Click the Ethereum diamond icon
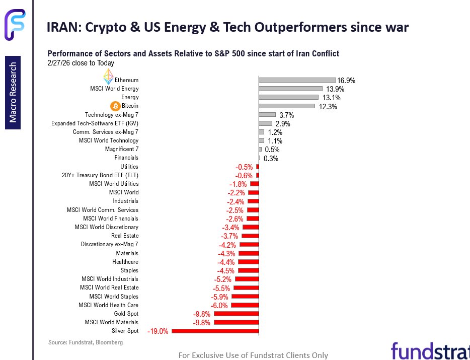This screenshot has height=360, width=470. (108, 77)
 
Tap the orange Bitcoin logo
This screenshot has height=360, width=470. (114, 106)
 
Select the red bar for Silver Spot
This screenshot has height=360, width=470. (215, 331)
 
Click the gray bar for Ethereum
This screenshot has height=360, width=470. (297, 80)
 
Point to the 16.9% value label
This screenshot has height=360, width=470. (347, 80)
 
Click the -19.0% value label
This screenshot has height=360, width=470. (158, 331)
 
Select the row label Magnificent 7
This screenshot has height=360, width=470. (121, 150)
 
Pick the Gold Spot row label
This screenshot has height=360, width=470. (126, 314)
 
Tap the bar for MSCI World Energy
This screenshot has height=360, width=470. (290, 89)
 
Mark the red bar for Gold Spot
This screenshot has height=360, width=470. (236, 314)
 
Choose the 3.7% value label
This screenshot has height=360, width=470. (286, 115)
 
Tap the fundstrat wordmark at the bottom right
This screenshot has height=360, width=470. (430, 350)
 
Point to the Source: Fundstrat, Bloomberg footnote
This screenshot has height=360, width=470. (85, 342)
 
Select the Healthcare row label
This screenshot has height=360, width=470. (125, 262)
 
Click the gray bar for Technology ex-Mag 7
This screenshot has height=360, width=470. (267, 115)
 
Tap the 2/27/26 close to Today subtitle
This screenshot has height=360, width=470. (81, 63)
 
